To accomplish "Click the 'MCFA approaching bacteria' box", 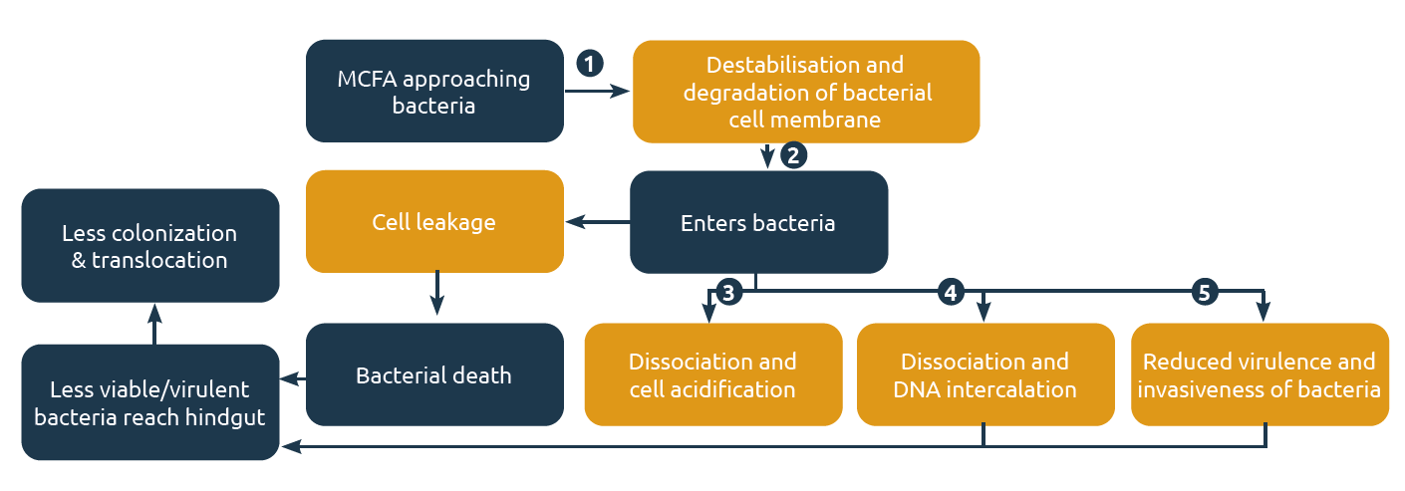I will tap(434, 91).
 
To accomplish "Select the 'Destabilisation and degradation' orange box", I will tap(806, 92).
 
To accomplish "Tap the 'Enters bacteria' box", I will tap(758, 222).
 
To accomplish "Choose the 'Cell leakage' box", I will tap(434, 221).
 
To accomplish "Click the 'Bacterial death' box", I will tap(434, 375).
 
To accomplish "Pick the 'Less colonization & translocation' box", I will tap(150, 246).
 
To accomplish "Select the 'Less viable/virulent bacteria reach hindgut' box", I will tap(150, 402).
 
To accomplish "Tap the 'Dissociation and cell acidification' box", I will tap(712, 374).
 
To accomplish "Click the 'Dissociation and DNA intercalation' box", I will tap(984, 374).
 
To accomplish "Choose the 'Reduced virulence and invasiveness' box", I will tap(1260, 374).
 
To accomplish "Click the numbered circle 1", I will tap(590, 63).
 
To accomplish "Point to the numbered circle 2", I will tap(793, 155).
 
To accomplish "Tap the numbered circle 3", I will tap(728, 293).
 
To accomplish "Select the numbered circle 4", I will tap(952, 293).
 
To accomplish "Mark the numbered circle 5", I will tap(1206, 293).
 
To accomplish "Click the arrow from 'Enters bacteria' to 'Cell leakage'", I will tap(597, 222).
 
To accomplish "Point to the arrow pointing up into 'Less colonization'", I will tap(154, 324).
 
